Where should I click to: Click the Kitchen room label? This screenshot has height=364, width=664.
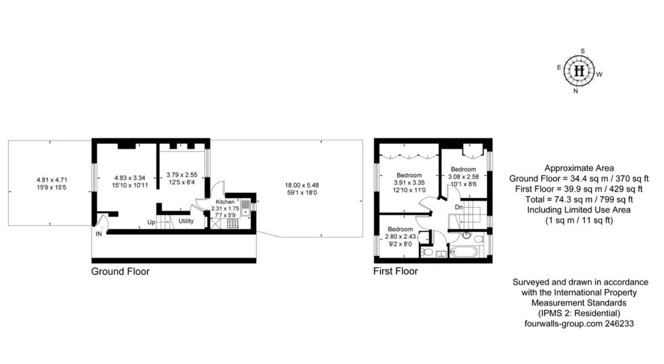tap(225, 202)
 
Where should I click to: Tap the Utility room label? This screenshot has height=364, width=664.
tap(186, 221)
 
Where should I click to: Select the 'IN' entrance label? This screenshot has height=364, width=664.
tap(99, 234)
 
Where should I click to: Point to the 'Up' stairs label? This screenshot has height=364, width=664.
tap(151, 222)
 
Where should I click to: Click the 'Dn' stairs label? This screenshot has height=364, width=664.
tap(459, 207)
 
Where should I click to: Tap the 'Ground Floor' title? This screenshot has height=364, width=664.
tap(120, 272)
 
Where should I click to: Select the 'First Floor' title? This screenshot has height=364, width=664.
tap(396, 271)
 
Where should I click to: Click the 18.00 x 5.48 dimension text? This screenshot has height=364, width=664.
tap(302, 185)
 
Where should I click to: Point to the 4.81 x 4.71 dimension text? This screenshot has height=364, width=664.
tap(52, 180)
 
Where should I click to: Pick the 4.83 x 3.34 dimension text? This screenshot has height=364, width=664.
tap(130, 178)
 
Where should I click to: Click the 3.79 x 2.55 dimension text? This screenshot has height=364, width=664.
tap(182, 175)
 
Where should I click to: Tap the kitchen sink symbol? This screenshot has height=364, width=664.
tap(246, 208)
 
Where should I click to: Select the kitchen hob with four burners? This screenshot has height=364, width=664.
tap(233, 223)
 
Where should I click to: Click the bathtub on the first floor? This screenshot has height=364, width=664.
tap(464, 252)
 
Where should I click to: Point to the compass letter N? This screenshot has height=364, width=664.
tap(575, 91)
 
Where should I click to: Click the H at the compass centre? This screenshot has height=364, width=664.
tap(579, 71)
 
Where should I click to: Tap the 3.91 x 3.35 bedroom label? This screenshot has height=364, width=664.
tap(409, 182)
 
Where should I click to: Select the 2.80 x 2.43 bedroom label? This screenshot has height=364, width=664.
tap(400, 236)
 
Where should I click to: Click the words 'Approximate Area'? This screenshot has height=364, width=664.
tap(579, 168)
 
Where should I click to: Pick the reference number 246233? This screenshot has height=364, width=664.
tap(619, 324)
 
